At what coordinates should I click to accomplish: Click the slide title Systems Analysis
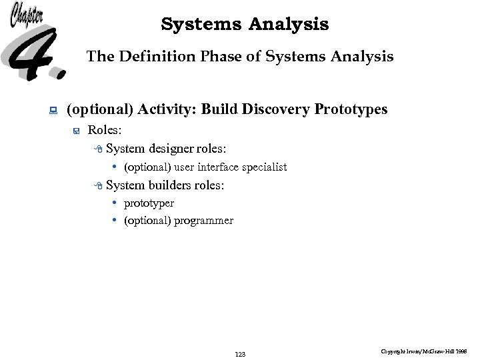click(x=245, y=25)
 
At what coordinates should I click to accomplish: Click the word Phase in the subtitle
click(x=222, y=57)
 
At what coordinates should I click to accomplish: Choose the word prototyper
click(x=149, y=203)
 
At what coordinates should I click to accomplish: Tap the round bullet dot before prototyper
click(x=115, y=203)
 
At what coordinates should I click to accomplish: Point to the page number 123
click(x=240, y=354)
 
